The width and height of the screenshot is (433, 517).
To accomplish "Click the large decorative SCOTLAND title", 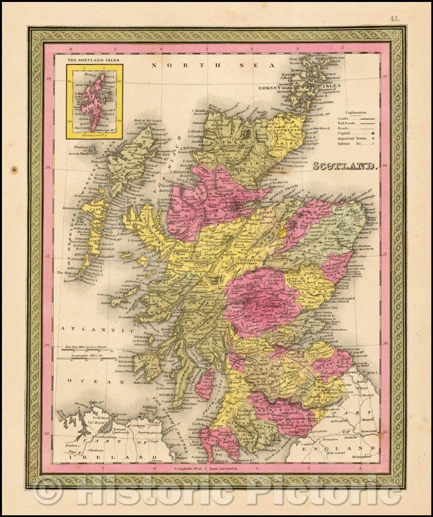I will tap(345, 166).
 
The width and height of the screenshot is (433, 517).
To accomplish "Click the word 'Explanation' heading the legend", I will tap(356, 113).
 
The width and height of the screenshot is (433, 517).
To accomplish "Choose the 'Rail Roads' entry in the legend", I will tap(346, 123).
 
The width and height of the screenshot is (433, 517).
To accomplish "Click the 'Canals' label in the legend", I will tap(343, 118).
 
